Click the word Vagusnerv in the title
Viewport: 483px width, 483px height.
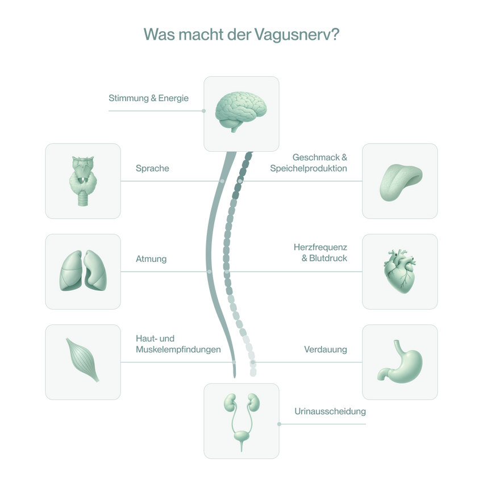click(x=297, y=35)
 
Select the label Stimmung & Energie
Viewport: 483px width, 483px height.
click(x=148, y=98)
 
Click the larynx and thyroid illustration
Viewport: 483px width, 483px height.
click(x=83, y=181)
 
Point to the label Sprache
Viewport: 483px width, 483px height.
click(x=152, y=168)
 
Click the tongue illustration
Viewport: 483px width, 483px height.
click(x=401, y=182)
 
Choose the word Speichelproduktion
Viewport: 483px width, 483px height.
click(x=309, y=168)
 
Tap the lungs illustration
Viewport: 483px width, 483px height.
click(x=83, y=270)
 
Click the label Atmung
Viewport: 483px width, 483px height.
click(x=151, y=259)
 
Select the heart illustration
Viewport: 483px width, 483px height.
click(x=400, y=271)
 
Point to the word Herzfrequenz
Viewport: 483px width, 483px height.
click(x=320, y=247)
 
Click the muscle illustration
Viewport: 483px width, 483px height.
click(x=82, y=360)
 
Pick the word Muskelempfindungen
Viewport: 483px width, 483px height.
click(x=178, y=349)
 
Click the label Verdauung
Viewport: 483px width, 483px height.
click(x=326, y=349)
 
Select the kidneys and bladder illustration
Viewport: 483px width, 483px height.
click(x=241, y=422)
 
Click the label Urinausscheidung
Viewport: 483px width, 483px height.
click(x=330, y=411)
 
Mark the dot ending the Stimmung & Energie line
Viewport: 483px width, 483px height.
click(x=203, y=111)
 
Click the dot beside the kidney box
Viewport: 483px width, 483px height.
click(x=280, y=424)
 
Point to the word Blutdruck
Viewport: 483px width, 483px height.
click(x=328, y=258)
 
